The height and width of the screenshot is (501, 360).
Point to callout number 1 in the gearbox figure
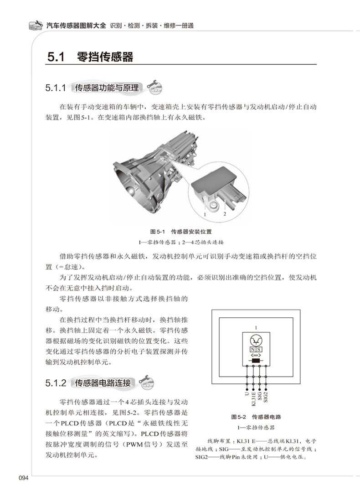(x=205, y=213)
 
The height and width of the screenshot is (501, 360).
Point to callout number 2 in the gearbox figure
(x=225, y=213)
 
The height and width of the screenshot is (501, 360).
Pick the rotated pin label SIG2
(x=266, y=397)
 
